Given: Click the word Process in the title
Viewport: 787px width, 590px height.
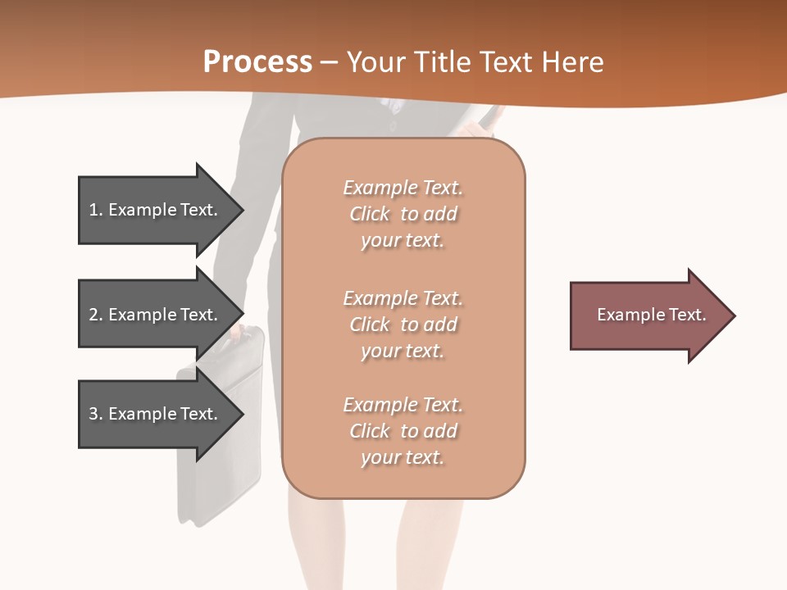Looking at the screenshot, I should point(257,62).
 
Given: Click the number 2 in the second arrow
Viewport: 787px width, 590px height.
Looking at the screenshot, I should point(93,315).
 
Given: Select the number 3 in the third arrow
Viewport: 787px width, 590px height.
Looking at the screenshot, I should point(93,414).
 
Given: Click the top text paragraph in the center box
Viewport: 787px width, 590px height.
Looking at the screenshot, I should point(403,214).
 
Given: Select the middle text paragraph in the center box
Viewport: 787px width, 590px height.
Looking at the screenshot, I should point(403,324).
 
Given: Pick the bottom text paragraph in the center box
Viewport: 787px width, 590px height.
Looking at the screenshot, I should point(403,431).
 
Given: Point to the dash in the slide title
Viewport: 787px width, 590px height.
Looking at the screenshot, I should point(330,62).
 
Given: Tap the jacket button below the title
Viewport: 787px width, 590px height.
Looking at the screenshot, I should point(392,125).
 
